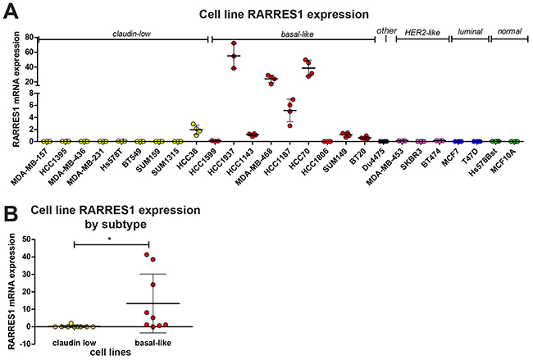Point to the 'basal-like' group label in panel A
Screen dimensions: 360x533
coord(290,33)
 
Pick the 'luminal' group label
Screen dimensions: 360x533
coord(467,33)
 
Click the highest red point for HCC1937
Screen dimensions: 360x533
coord(234,43)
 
